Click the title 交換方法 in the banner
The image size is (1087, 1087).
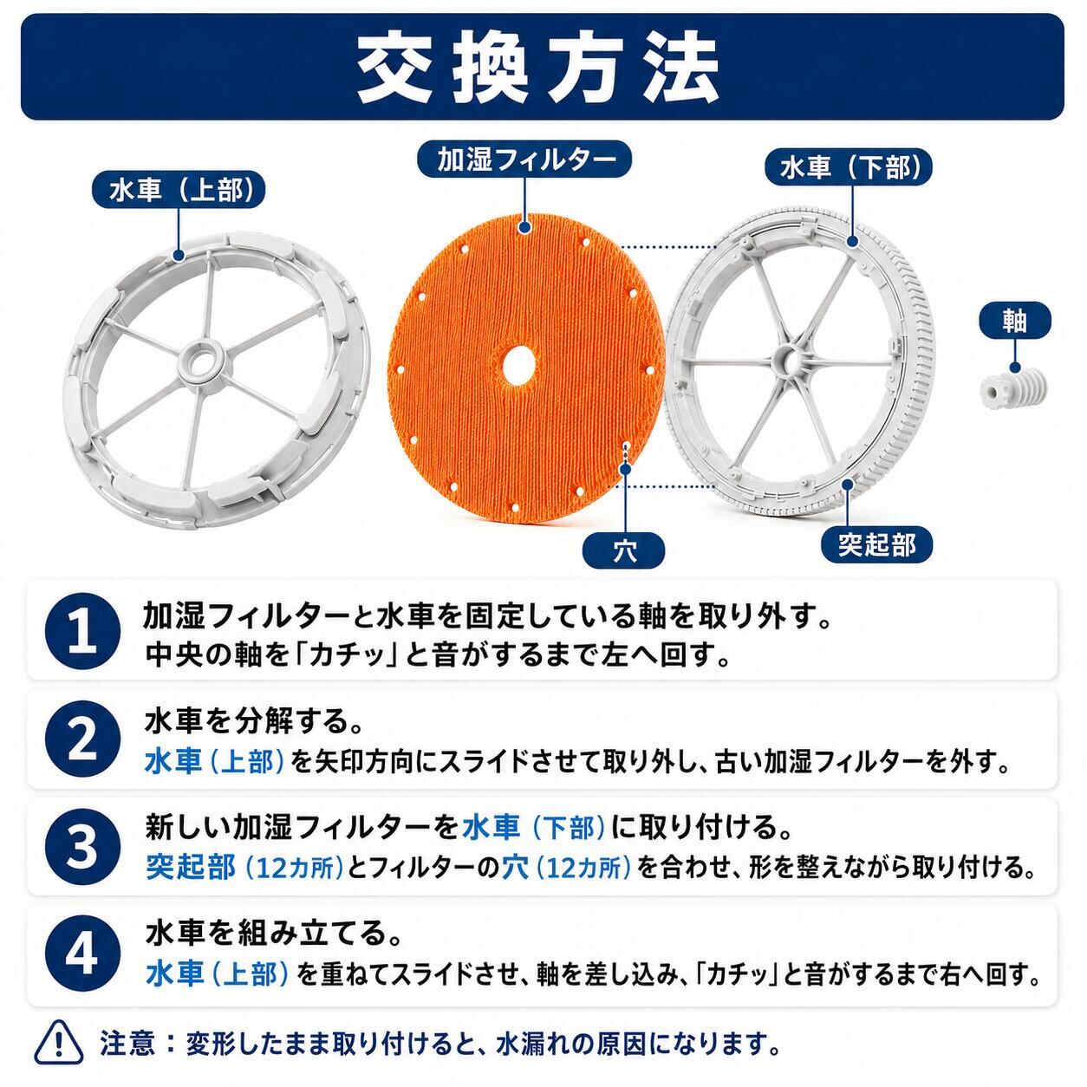pyautogui.click(x=538, y=68)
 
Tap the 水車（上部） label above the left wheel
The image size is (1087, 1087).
pyautogui.click(x=179, y=191)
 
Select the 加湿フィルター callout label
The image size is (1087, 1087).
pyautogui.click(x=524, y=159)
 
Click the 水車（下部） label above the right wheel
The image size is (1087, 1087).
pyautogui.click(x=848, y=167)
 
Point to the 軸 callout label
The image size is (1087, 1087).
pyautogui.click(x=1015, y=321)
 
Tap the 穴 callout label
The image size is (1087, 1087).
pyautogui.click(x=624, y=550)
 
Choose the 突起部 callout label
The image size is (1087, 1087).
pyautogui.click(x=876, y=544)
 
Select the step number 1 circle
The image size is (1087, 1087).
pyautogui.click(x=82, y=631)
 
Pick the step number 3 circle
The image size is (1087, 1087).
pyautogui.click(x=82, y=847)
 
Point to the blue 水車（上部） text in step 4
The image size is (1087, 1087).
pyautogui.click(x=218, y=974)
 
